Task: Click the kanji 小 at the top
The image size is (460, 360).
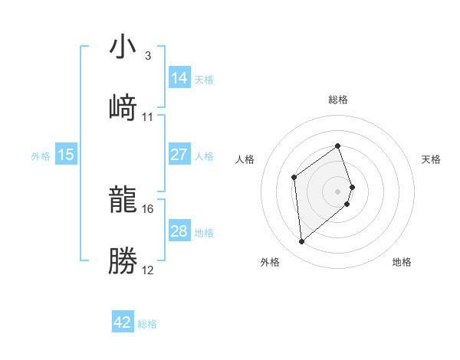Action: [x=123, y=47]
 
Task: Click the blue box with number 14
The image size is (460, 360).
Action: [x=179, y=77]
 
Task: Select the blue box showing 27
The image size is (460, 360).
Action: [x=179, y=155]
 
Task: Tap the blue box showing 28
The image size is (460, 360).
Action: [x=179, y=231]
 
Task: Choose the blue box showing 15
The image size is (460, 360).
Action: [x=66, y=155]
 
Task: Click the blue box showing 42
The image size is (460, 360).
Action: [x=123, y=322]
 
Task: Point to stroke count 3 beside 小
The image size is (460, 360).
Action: [x=147, y=55]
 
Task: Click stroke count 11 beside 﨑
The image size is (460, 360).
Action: [x=148, y=116]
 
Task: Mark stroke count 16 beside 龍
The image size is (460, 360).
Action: [x=148, y=208]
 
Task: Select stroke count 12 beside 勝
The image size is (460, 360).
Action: [x=148, y=270]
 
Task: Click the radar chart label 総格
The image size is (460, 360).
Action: [x=338, y=100]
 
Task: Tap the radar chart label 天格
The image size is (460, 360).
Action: [x=431, y=159]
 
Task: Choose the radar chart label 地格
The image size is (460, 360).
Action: [x=402, y=262]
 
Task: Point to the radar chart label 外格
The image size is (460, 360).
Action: [x=270, y=262]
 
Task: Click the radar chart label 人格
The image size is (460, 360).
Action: [x=245, y=159]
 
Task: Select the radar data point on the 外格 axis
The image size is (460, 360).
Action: [x=302, y=242]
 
